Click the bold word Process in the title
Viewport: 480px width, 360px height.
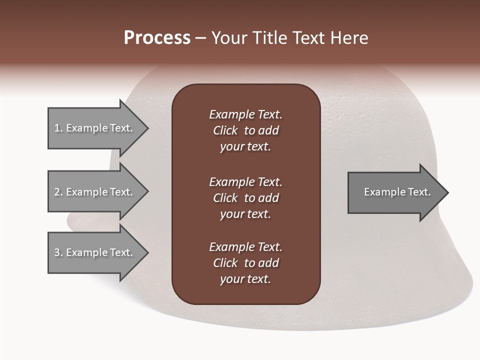point(157,38)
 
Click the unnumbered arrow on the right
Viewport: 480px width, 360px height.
point(395,192)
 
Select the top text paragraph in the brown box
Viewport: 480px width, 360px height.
point(245,130)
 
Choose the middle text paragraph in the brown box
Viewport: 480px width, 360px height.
point(245,198)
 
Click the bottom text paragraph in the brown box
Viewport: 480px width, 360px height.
point(245,263)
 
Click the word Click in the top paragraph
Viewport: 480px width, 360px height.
point(225,130)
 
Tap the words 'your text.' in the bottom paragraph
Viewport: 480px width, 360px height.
point(245,279)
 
